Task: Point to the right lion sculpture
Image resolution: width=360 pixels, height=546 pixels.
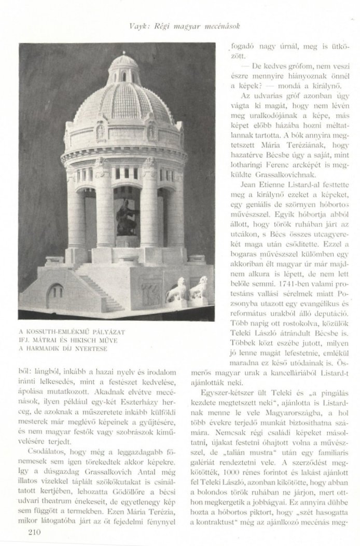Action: point(198,289)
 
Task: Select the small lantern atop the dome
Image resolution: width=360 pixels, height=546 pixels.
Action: point(124,66)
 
